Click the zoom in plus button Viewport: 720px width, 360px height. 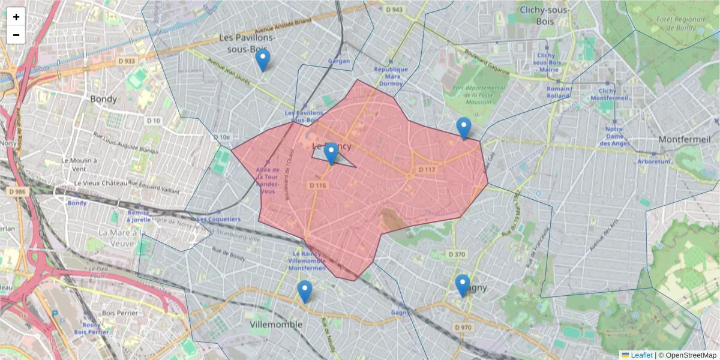coord(16,17)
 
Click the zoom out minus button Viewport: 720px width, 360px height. coord(16,35)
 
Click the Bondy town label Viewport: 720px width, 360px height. coord(104,98)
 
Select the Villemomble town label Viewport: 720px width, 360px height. coord(276,324)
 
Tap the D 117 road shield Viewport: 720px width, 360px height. coord(427,170)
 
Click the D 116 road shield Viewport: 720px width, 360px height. coord(318,185)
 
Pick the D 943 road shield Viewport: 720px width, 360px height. coord(394,10)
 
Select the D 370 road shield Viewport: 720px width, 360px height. coord(457,254)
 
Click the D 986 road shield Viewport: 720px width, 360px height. coord(18,191)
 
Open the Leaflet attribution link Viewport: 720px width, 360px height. coord(641,355)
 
